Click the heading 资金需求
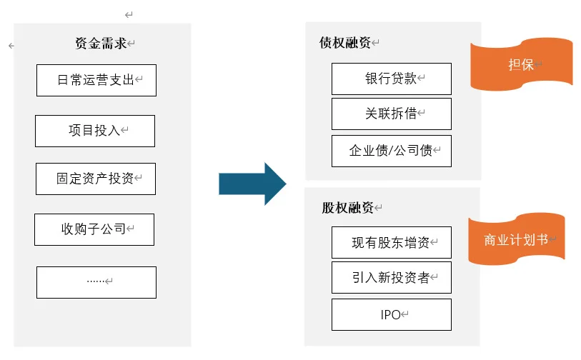(101, 43)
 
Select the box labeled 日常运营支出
(96, 80)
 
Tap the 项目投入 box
(94, 131)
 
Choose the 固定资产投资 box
(95, 179)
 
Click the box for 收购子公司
(94, 229)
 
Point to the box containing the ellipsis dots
(96, 281)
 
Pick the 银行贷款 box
(391, 79)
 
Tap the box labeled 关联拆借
(391, 114)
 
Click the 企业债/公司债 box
(391, 151)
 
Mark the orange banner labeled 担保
(521, 65)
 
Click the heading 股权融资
(347, 208)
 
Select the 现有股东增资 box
(391, 243)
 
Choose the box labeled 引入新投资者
(391, 278)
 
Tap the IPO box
(391, 314)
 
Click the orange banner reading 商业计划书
(516, 240)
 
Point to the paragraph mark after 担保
(539, 65)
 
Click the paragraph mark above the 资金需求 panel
(129, 14)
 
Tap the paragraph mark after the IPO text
(406, 315)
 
